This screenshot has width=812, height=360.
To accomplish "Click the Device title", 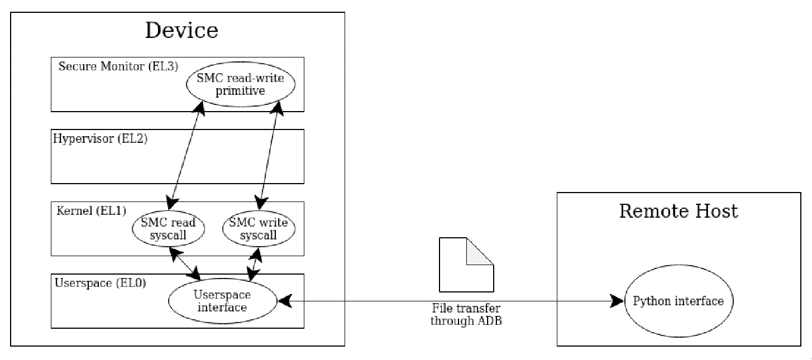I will point(181,30).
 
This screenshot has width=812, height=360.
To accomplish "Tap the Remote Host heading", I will point(679,211).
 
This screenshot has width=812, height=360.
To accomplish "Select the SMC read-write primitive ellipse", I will point(241,84).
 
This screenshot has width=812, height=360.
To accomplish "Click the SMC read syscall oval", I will point(168,229).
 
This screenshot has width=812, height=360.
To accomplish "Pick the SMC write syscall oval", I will point(259,229).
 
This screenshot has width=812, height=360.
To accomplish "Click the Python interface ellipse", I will point(678,301).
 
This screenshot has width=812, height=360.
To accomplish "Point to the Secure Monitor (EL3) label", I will point(118,66).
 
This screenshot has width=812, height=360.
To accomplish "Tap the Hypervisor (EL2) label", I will point(101,138).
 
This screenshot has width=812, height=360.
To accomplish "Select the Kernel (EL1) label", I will point(92,211).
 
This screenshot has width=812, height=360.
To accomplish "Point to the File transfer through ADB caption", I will point(466,315).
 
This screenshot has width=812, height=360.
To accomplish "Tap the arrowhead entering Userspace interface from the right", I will point(285,301).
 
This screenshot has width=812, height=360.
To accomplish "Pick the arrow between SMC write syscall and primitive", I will point(269,156).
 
